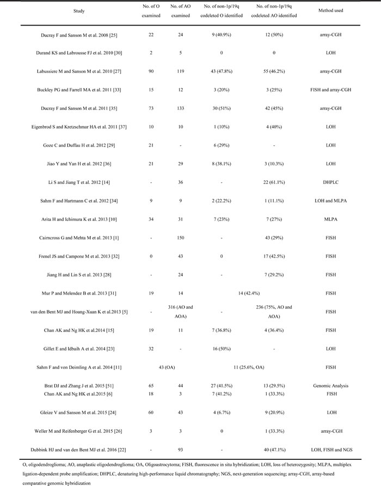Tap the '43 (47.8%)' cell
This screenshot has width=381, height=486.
point(221,84)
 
